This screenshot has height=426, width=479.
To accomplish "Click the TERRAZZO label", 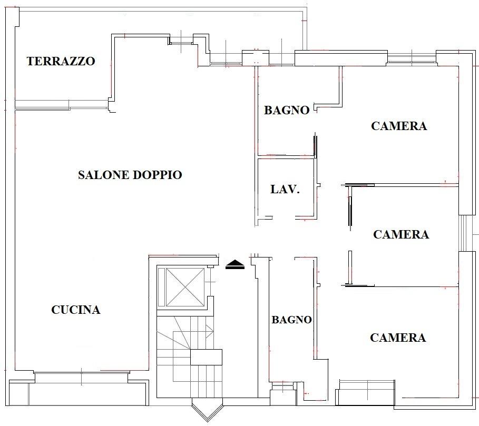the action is (61, 61).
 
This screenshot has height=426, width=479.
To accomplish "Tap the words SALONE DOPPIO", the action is (130, 175).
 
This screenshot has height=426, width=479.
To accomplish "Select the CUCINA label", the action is (76, 310).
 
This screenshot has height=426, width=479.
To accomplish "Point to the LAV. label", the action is (285, 189).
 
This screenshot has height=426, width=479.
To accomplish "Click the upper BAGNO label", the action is (287, 110).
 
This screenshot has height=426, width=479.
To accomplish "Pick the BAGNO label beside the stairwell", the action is (292, 320).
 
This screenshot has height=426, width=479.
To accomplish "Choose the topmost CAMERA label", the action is (399, 126).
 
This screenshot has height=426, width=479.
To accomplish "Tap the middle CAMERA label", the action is (401, 234).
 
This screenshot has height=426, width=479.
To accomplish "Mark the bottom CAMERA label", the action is (398, 338).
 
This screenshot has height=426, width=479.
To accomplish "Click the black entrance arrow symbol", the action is (235, 264).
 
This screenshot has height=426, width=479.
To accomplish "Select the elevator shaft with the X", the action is (184, 287).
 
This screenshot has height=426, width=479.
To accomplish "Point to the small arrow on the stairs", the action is (210, 331).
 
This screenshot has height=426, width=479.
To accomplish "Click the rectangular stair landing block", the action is (206, 358).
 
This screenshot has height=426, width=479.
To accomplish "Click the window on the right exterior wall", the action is (463, 233).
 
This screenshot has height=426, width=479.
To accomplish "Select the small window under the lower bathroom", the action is (283, 387).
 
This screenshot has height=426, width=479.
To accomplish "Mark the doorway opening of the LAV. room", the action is (284, 217).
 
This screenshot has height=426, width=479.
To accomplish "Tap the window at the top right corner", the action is (412, 58).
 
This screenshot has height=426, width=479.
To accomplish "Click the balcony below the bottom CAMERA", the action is (365, 393).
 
